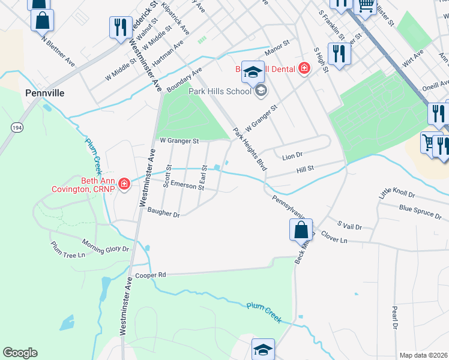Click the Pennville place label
(44, 93)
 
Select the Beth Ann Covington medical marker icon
(124, 184)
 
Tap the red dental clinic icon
(304, 68)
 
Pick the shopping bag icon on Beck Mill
(301, 230)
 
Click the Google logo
(20, 353)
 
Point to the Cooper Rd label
(150, 275)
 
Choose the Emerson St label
(187, 185)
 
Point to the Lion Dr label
(292, 157)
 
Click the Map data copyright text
(423, 355)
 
